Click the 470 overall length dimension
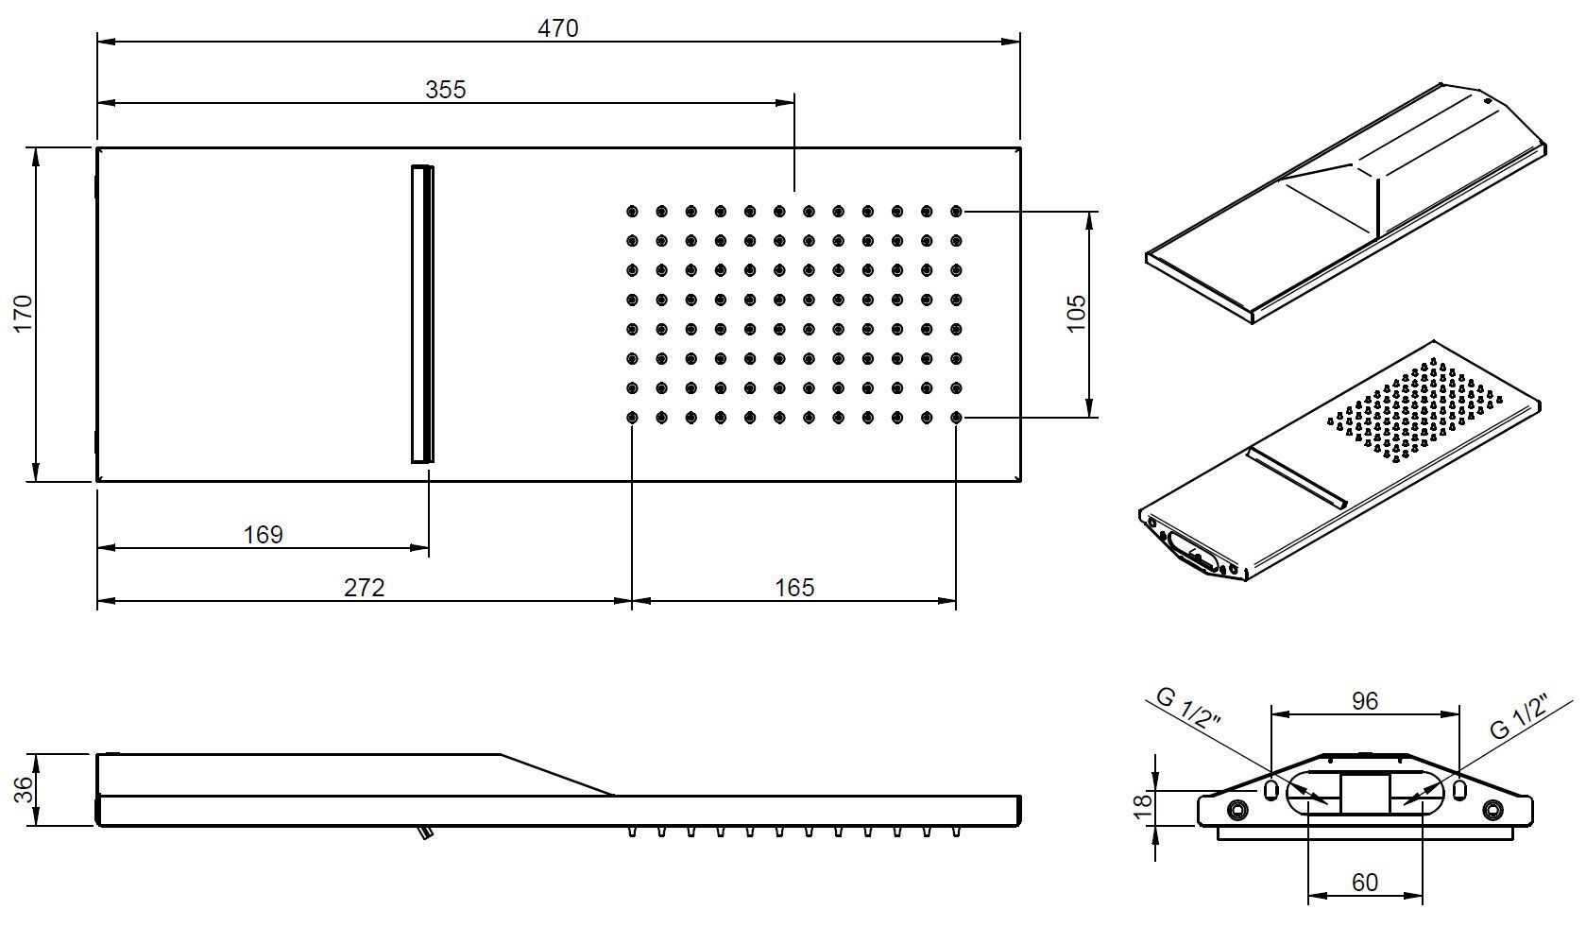(x=557, y=28)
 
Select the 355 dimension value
(x=445, y=89)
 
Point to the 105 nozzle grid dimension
(x=1076, y=314)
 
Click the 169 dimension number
(x=263, y=535)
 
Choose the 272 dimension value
(x=364, y=588)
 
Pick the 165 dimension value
(x=793, y=588)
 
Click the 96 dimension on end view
(x=1364, y=700)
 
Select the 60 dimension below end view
(x=1364, y=882)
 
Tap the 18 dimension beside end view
(x=1142, y=805)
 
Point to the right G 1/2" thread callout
(x=1520, y=715)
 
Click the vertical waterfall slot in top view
(x=422, y=314)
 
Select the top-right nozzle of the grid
(x=956, y=211)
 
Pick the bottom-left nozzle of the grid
(x=632, y=417)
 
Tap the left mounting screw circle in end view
(x=1236, y=810)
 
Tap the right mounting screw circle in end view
(x=1492, y=810)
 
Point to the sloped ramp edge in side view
(x=557, y=775)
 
